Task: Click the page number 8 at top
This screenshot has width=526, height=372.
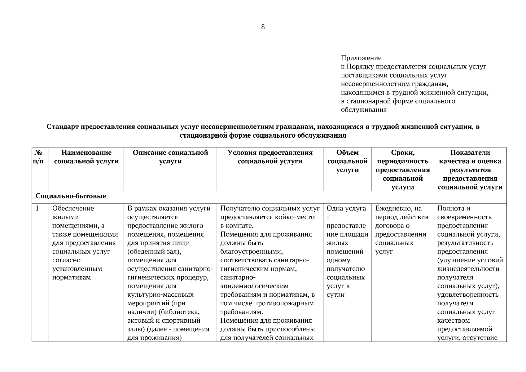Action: [263, 27]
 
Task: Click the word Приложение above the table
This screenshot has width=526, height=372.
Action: [361, 58]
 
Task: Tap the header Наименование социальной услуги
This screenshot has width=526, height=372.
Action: [86, 157]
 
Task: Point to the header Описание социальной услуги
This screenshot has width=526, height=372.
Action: [170, 157]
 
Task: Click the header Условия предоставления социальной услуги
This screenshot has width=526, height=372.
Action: [270, 157]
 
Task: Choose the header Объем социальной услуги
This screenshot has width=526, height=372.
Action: [347, 161]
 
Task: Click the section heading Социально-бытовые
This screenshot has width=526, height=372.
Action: [71, 197]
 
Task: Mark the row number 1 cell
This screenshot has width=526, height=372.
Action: [37, 208]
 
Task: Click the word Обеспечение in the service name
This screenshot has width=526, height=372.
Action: [73, 208]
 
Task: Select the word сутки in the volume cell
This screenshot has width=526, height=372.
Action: [335, 295]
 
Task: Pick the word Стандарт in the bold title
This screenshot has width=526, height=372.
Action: [62, 127]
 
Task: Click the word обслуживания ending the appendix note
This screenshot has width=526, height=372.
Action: [364, 110]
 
